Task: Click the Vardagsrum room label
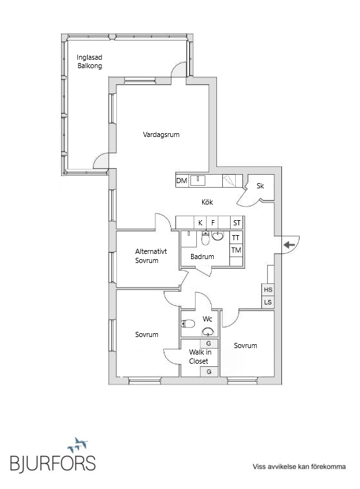click(161, 134)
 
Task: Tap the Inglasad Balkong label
click(90, 62)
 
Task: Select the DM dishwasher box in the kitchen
click(182, 181)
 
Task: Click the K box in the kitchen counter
click(200, 223)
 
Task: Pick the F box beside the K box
click(212, 223)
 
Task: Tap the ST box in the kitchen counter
click(237, 223)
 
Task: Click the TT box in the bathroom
click(236, 238)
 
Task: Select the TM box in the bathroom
click(236, 250)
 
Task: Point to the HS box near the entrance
click(268, 290)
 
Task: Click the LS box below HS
click(268, 302)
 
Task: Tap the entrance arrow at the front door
click(289, 245)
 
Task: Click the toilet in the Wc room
click(188, 323)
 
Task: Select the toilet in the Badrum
click(205, 238)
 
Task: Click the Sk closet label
click(260, 186)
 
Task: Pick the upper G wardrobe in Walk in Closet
click(209, 344)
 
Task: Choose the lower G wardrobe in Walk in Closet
click(209, 371)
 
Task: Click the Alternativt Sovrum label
click(151, 256)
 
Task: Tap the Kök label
click(207, 202)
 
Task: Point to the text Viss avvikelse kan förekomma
click(299, 466)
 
